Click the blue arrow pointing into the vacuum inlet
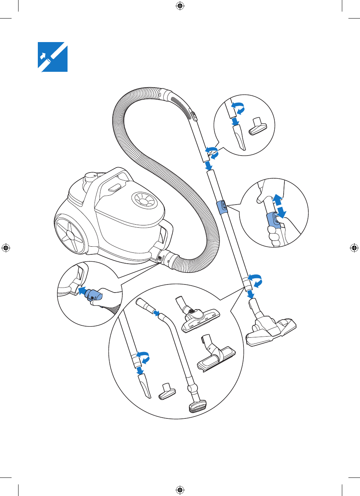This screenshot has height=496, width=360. (x=81, y=290)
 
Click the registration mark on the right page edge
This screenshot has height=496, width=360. (x=354, y=248)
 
